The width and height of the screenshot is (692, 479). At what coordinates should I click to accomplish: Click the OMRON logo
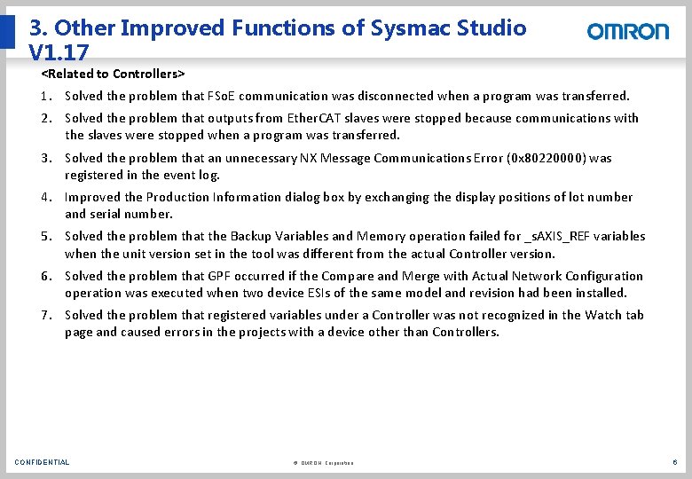pos(628,31)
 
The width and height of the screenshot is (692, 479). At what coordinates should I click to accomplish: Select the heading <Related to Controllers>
pos(113,73)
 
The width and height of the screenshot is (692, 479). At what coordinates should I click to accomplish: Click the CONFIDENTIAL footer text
pos(42,462)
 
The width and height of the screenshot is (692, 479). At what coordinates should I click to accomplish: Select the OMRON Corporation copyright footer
pos(322,463)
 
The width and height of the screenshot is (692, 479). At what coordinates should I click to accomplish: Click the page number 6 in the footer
pos(675,462)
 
